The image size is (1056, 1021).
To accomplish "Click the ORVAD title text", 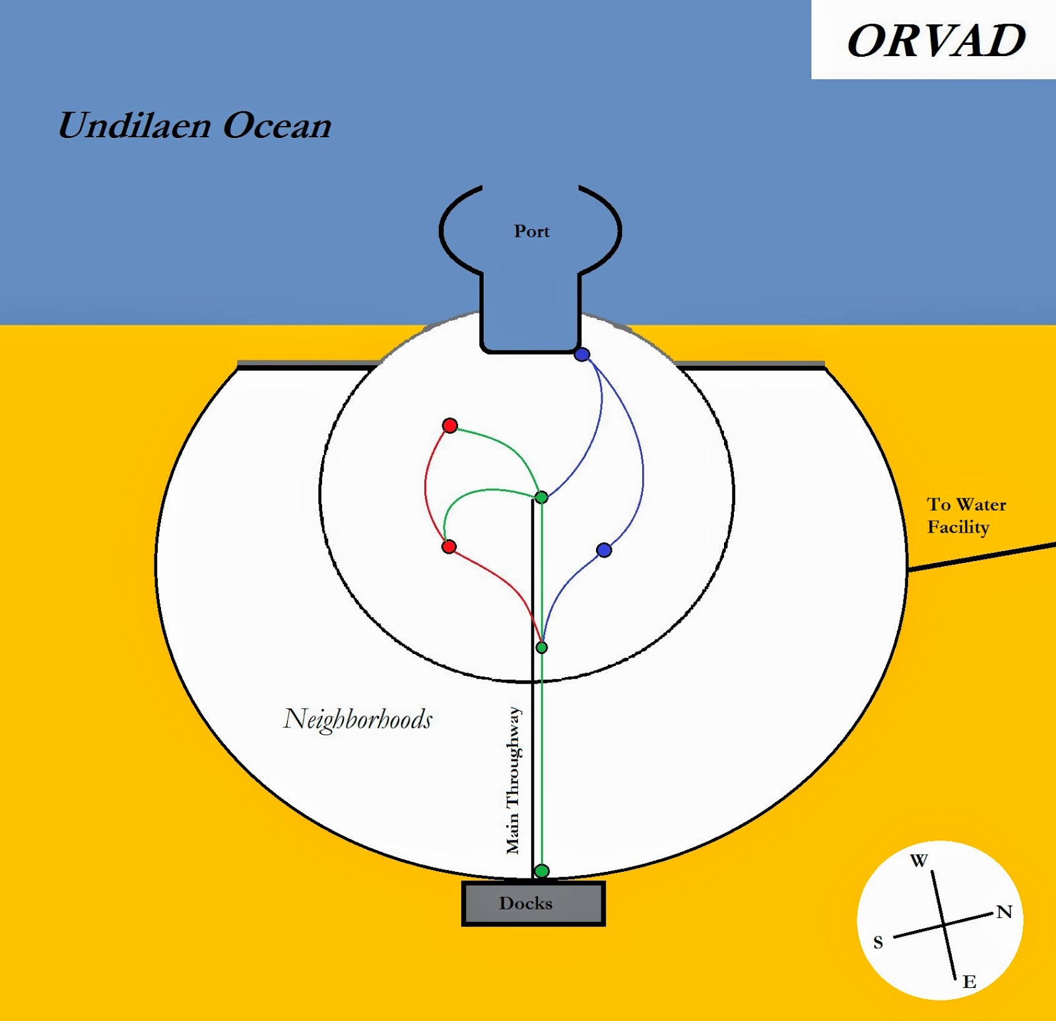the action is (936, 41).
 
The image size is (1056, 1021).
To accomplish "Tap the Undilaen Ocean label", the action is (195, 125).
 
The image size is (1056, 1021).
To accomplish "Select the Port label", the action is (532, 231).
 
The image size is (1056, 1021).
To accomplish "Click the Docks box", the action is (533, 903).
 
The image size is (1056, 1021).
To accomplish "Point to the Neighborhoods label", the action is (358, 719).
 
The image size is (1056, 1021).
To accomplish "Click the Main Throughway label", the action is (513, 780).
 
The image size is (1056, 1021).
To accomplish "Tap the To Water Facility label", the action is (966, 515).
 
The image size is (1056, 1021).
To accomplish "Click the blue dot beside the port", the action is (581, 354).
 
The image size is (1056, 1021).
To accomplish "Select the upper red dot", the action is (449, 425).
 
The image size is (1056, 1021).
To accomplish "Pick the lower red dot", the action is (449, 546).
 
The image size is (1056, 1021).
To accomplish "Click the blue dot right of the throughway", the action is (603, 550).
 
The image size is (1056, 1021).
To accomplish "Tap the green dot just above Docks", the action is (541, 871).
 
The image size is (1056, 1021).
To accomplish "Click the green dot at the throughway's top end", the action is (541, 497).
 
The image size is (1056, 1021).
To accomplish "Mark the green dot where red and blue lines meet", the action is (541, 647).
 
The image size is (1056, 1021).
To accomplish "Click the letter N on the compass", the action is (1004, 912).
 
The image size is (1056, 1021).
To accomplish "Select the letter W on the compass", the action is (919, 861).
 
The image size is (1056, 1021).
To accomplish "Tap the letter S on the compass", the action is (878, 942).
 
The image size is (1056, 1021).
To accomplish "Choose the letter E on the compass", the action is (969, 981).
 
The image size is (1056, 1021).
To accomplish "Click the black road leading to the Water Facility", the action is (983, 556).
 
